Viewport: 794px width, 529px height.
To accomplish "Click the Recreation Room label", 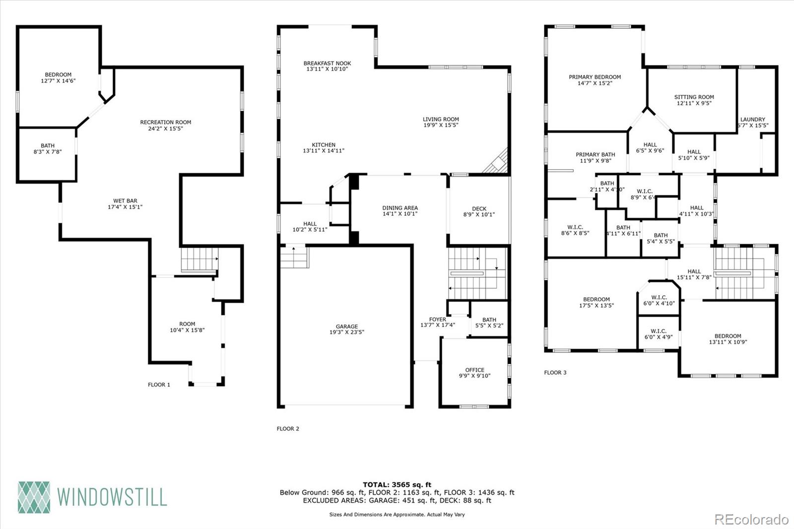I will pos(165,122).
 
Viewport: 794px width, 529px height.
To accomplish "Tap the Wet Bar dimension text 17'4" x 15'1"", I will pos(125,207).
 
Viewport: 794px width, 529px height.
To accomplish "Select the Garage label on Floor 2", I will pos(346,327).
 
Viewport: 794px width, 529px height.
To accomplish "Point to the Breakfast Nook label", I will pos(327,63).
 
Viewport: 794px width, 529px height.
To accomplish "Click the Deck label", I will pos(479,208).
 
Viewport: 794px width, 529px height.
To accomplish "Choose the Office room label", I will pos(474,370).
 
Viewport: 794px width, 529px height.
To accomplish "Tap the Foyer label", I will pos(437,319).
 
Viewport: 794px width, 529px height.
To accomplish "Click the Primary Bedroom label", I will pos(595,77).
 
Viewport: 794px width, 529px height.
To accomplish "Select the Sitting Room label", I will pos(694,97).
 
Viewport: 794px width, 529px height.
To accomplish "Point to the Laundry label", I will pos(752,119).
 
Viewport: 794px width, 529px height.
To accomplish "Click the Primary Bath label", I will pos(595,154).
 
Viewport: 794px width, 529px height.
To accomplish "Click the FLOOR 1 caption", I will pos(159,385).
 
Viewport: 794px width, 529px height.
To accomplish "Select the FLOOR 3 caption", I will pos(555,373).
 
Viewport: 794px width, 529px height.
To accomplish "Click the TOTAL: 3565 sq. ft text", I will pos(397,485).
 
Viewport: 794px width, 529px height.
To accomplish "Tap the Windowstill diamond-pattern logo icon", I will pos(34,497).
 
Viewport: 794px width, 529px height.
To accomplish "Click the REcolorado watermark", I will pos(751,520).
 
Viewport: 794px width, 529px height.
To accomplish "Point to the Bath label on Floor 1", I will pos(48,145).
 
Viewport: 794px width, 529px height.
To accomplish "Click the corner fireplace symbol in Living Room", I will pos(498,162).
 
